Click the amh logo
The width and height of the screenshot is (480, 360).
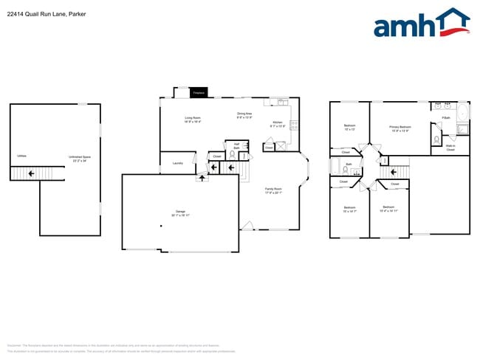pyautogui.click(x=421, y=24)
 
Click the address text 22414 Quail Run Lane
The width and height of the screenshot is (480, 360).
pyautogui.click(x=38, y=12)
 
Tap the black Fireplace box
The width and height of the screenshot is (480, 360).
pyautogui.click(x=198, y=93)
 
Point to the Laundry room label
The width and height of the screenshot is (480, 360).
pyautogui.click(x=177, y=163)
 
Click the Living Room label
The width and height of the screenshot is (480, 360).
pyautogui.click(x=194, y=120)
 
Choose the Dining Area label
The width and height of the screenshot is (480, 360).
pyautogui.click(x=244, y=115)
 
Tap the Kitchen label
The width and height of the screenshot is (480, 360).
pyautogui.click(x=278, y=123)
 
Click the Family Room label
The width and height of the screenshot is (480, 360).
pyautogui.click(x=274, y=190)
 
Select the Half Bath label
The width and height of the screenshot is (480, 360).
pyautogui.click(x=236, y=146)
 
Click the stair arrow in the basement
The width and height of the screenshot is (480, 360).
pyautogui.click(x=30, y=174)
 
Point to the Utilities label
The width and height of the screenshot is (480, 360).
pyautogui.click(x=21, y=156)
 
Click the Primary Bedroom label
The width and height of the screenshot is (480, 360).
pyautogui.click(x=400, y=128)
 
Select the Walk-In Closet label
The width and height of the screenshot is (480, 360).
pyautogui.click(x=450, y=148)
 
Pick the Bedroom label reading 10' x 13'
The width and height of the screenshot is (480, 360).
pyautogui.click(x=349, y=127)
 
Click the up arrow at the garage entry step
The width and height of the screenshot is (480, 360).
pyautogui.click(x=202, y=179)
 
